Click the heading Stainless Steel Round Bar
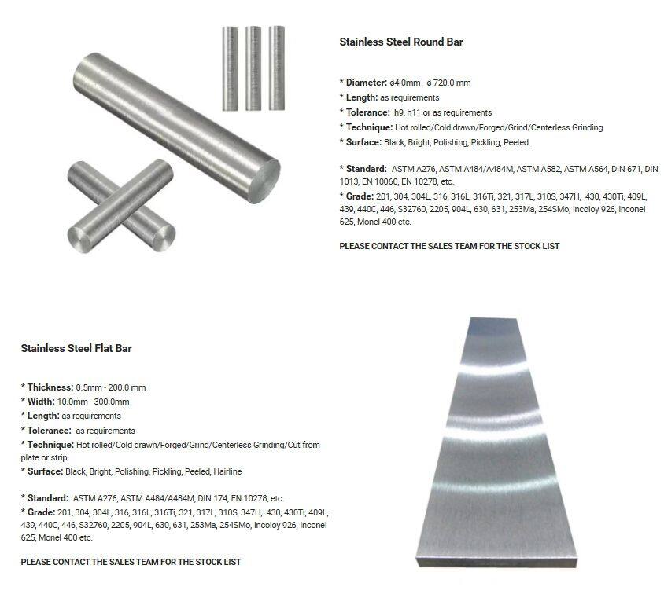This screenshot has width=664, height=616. [x=401, y=42]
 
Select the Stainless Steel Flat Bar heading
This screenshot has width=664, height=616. [x=76, y=348]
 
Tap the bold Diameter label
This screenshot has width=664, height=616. [x=367, y=82]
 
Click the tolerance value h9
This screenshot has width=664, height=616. [x=399, y=112]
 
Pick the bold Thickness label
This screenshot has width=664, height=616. [x=50, y=387]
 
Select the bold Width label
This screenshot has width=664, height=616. [x=41, y=401]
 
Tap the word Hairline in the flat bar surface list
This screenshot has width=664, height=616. [x=227, y=471]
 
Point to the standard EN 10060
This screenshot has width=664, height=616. [x=379, y=181]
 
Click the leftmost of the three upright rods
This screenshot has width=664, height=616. [x=231, y=68]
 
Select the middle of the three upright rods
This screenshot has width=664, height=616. [x=253, y=68]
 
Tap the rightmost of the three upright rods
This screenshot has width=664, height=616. [x=276, y=68]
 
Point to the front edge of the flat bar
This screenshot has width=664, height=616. [x=496, y=563]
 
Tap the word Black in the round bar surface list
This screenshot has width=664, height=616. [x=394, y=142]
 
